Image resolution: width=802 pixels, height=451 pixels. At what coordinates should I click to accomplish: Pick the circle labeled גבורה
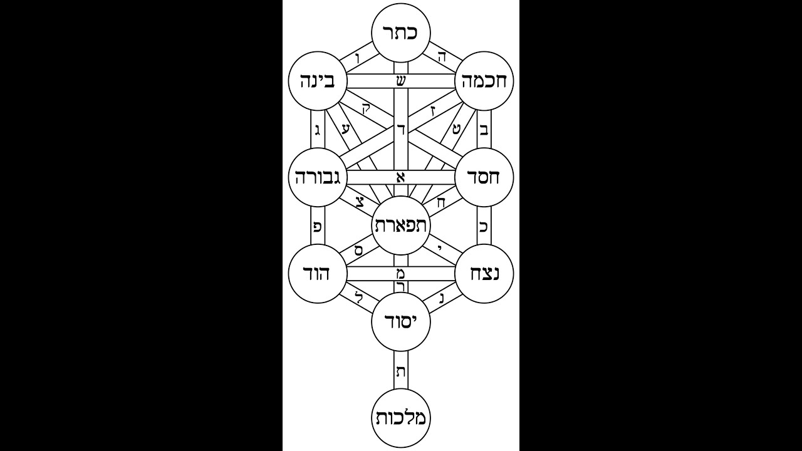[318, 177]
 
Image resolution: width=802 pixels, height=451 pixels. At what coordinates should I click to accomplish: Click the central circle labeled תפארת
[401, 225]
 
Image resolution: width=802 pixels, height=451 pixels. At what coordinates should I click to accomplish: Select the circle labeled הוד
[318, 274]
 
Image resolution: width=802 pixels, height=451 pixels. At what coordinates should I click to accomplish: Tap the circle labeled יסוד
[401, 322]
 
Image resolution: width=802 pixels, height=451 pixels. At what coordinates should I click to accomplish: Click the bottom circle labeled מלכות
[401, 418]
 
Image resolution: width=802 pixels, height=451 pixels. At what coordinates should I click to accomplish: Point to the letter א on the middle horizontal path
[401, 177]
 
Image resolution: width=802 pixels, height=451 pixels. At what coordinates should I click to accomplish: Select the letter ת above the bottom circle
[401, 371]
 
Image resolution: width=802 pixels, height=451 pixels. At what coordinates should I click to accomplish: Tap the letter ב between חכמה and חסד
[484, 130]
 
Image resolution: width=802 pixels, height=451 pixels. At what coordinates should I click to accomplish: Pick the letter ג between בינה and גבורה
[318, 130]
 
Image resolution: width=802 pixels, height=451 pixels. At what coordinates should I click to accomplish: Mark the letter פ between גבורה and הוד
[318, 226]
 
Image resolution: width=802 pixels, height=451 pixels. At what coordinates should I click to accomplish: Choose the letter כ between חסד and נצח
[484, 226]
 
